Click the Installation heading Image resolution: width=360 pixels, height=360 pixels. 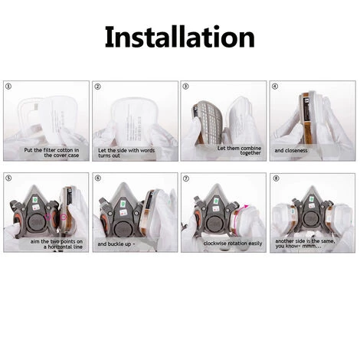[x=180, y=38]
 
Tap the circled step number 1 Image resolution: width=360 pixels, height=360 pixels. [x=8, y=87]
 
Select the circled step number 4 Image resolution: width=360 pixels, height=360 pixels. [x=275, y=87]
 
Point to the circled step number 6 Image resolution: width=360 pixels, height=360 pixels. [x=98, y=178]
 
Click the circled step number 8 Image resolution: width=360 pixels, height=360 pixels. [x=276, y=178]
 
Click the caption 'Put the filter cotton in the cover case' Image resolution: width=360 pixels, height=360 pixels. [x=51, y=152]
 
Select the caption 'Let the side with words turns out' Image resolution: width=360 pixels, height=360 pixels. [x=126, y=153]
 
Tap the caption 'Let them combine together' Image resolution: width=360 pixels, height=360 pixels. [x=239, y=150]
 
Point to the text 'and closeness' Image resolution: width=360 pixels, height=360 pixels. [x=291, y=151]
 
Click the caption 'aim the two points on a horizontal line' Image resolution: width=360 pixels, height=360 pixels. [x=57, y=244]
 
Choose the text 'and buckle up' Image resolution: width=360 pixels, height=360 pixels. [x=114, y=244]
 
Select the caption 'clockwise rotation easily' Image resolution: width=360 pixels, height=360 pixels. [x=233, y=244]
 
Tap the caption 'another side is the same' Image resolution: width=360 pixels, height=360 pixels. [x=305, y=241]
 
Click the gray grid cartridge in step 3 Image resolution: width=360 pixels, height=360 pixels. [x=206, y=120]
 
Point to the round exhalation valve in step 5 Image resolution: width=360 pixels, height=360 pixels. [x=37, y=223]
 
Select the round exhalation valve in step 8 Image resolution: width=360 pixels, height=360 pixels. [x=311, y=220]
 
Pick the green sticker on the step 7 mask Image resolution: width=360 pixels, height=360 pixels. [x=216, y=201]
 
